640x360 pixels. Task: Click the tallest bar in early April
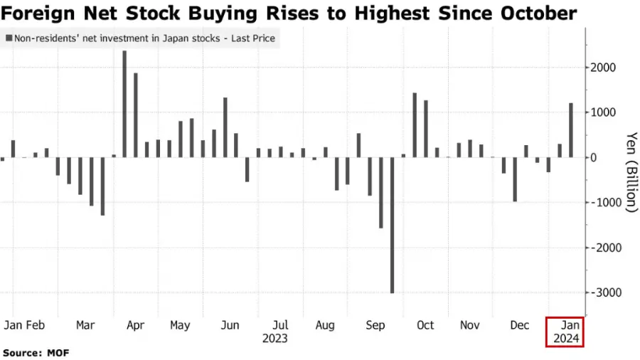[x=124, y=104]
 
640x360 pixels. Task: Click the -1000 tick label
[x=603, y=203]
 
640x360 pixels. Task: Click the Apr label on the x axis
[x=135, y=325]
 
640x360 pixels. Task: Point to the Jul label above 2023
[x=280, y=325]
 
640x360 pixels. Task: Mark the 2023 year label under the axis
[x=274, y=339]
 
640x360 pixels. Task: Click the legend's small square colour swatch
[x=8, y=38]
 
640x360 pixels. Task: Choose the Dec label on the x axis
[x=521, y=325]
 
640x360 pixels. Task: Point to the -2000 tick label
[x=603, y=248]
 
